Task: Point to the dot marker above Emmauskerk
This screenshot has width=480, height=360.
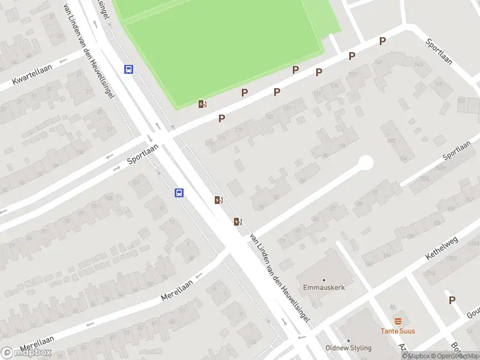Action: coord(324,280)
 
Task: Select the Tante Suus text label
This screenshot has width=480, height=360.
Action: coord(397,331)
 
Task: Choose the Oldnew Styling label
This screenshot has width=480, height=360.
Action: coord(348,348)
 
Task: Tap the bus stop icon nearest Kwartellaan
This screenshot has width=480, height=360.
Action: coord(128,69)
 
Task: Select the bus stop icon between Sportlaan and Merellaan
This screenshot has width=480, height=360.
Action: coord(179,193)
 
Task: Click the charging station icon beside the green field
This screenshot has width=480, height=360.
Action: coord(203,104)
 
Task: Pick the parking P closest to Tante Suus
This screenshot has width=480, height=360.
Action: coord(452,300)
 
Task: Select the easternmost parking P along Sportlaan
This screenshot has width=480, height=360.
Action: coord(382,41)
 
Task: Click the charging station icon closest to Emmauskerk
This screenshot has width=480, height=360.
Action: coord(238,222)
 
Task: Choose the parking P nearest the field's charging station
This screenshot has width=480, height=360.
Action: coord(221,118)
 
